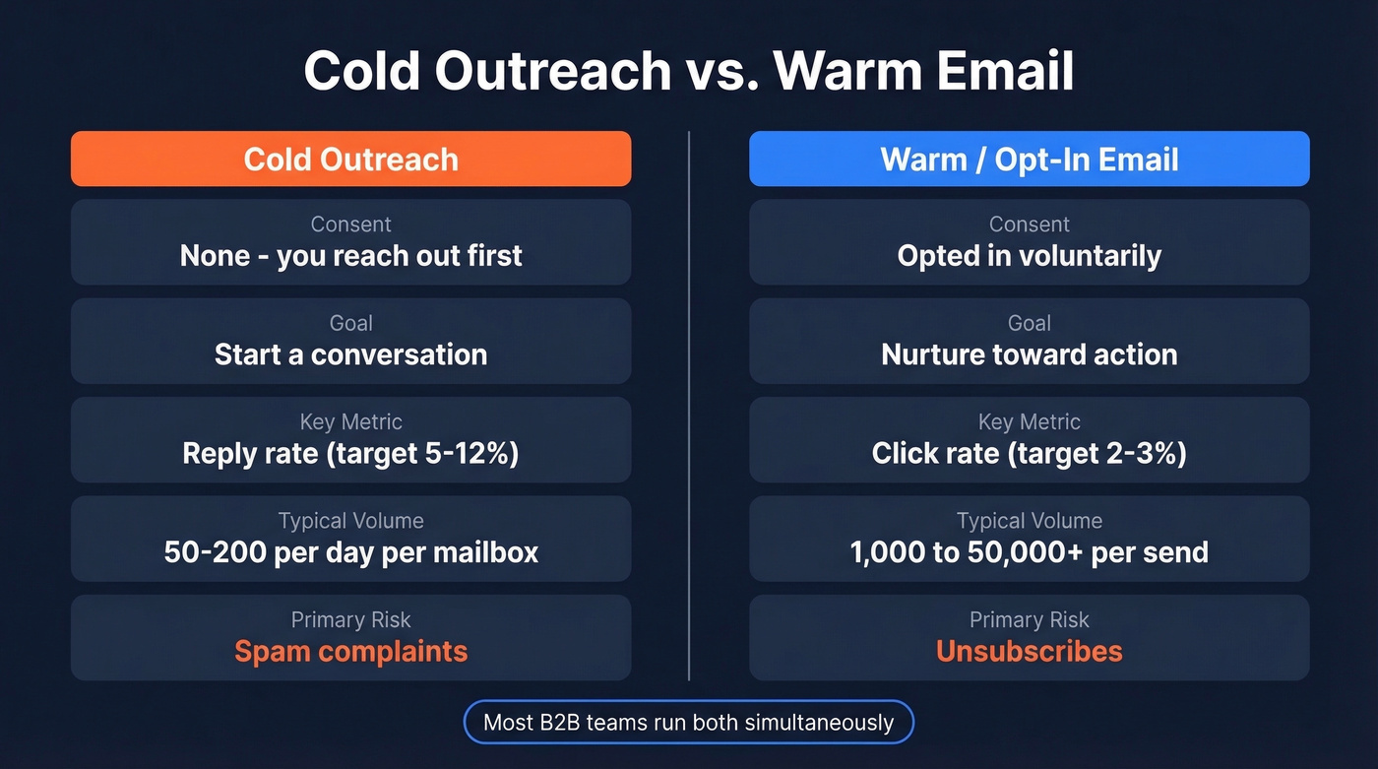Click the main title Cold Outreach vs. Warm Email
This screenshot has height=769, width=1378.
point(689,71)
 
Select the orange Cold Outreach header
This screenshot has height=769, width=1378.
point(350,160)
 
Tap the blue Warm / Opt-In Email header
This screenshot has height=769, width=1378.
point(1029,160)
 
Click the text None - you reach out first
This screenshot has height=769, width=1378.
point(350,256)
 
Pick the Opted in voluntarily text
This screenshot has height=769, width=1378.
point(1029,256)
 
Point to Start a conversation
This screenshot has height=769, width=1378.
point(350,354)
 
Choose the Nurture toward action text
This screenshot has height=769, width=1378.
point(1029,354)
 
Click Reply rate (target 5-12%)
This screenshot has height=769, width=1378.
point(350,453)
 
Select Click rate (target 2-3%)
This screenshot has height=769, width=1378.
point(1029,453)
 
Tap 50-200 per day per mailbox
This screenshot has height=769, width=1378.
point(350,551)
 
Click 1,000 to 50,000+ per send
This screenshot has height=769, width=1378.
point(1029,551)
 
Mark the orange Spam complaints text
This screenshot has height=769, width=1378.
point(350,651)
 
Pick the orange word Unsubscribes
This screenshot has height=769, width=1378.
point(1029,651)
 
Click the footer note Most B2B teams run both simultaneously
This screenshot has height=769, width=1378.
point(688,723)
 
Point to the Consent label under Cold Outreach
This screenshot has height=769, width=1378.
point(350,224)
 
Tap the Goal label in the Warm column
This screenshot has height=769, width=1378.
point(1029,323)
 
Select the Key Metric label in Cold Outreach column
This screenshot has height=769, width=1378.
point(350,421)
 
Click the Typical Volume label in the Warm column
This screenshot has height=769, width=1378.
point(1029,520)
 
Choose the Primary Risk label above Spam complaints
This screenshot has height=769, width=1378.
point(350,619)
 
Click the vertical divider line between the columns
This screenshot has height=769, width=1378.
point(689,404)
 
